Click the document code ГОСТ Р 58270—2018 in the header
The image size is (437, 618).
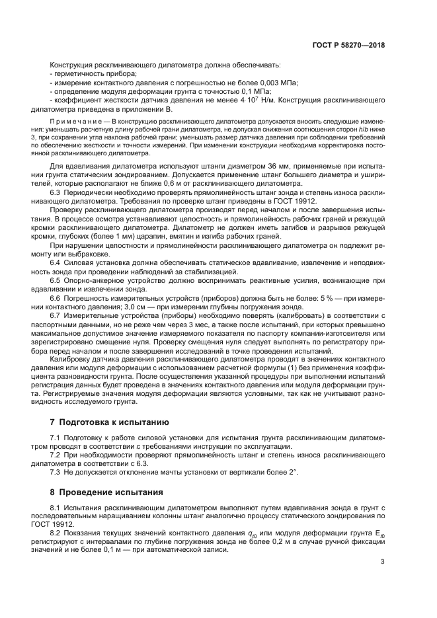(x=348, y=46)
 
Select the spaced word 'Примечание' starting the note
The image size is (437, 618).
(x=79, y=123)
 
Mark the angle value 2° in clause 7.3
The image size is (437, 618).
(x=293, y=472)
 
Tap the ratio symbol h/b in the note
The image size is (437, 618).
(x=365, y=132)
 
